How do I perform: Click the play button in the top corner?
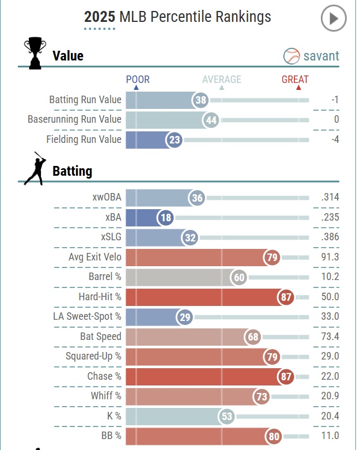click(x=334, y=19)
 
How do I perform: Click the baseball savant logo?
click(x=312, y=56)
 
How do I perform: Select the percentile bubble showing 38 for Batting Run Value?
click(x=200, y=100)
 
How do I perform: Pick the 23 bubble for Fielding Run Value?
click(x=174, y=139)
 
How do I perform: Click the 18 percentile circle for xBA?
click(x=165, y=218)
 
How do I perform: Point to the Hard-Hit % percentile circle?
click(x=286, y=297)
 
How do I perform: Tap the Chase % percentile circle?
click(x=286, y=377)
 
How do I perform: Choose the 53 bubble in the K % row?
click(x=227, y=417)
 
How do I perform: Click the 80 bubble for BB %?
click(x=274, y=436)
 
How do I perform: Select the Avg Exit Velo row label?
click(x=95, y=257)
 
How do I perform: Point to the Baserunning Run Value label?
click(x=74, y=120)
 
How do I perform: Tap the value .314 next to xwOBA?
click(x=330, y=198)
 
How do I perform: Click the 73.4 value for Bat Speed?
click(x=329, y=336)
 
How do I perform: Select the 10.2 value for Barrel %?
click(x=329, y=277)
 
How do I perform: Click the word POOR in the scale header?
click(x=138, y=80)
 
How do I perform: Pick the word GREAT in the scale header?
click(x=295, y=80)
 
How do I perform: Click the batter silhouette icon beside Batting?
click(x=34, y=168)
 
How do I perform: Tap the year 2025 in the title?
click(x=100, y=17)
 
